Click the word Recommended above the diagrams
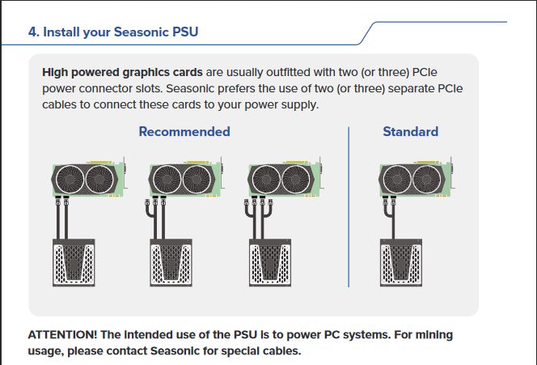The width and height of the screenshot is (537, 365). click(184, 131)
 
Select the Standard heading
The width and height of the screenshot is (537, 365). click(410, 131)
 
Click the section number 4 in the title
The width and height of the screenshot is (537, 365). click(32, 32)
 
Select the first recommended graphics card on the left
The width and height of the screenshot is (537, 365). click(89, 180)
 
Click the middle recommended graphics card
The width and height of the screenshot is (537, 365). click(185, 180)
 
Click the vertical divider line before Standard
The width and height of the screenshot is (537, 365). click(349, 206)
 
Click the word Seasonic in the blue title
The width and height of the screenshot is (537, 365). click(138, 32)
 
